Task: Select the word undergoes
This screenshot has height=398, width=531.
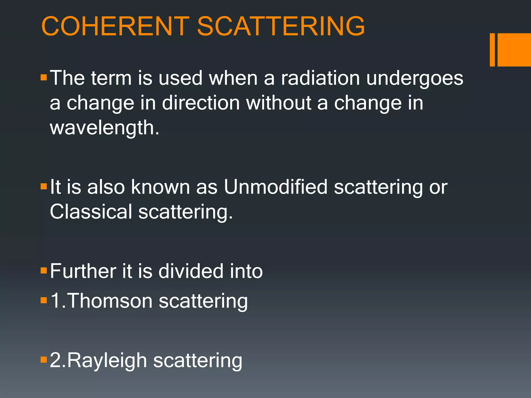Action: click(x=415, y=79)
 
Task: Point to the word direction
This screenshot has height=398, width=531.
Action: click(x=201, y=103)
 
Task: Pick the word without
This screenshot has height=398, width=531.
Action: click(x=278, y=103)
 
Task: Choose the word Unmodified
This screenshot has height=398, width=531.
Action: click(x=276, y=187)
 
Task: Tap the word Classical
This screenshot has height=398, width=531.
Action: click(x=91, y=211)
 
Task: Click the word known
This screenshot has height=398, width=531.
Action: click(x=160, y=187)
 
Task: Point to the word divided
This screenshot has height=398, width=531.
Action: click(x=191, y=271)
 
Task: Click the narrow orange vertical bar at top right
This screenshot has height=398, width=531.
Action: click(x=492, y=50)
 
